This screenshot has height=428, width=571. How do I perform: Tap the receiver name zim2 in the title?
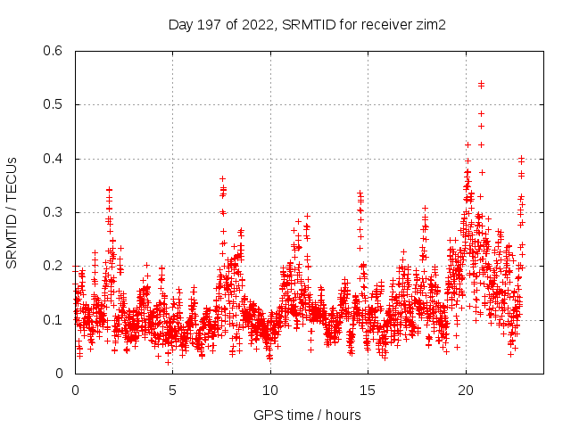click(x=429, y=24)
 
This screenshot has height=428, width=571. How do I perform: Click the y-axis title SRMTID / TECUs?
click(x=12, y=212)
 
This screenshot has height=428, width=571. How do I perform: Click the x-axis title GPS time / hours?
click(x=307, y=415)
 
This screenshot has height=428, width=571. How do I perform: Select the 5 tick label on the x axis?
click(x=173, y=391)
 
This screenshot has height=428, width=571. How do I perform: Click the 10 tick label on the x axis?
click(x=270, y=391)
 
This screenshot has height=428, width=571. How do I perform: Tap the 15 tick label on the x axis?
click(x=368, y=391)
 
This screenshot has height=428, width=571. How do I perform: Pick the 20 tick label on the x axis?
click(x=466, y=391)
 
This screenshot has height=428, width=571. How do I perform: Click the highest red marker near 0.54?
click(x=481, y=84)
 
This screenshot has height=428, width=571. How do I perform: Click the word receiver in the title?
click(x=385, y=24)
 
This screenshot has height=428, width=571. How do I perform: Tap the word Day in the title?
click(x=179, y=24)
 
